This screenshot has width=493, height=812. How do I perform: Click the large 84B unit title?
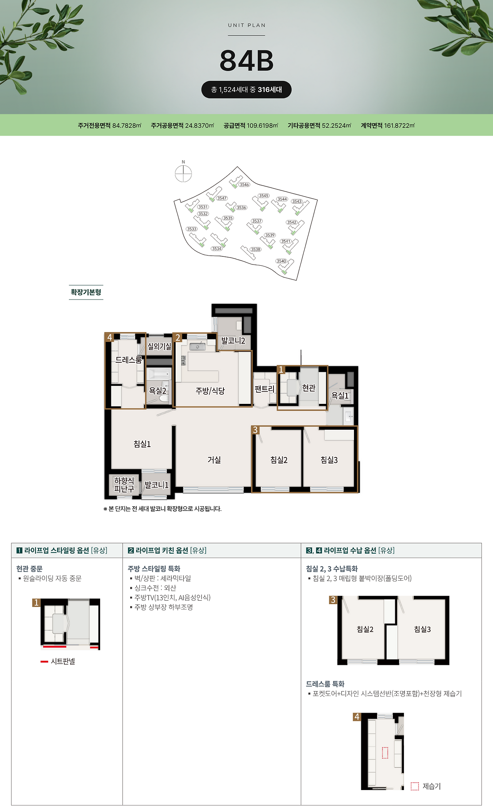point(246,60)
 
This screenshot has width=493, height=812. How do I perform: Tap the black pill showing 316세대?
point(246,90)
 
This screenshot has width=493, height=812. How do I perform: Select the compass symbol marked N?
point(183,173)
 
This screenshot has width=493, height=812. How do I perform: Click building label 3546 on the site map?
point(244,185)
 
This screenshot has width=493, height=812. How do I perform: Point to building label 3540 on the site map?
point(281,261)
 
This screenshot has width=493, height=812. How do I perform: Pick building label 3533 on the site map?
point(192,229)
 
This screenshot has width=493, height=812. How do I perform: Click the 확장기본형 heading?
point(86,292)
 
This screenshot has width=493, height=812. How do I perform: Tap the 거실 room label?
point(214,460)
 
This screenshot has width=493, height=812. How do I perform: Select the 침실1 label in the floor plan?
point(142,444)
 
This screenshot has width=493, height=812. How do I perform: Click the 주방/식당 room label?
point(210,391)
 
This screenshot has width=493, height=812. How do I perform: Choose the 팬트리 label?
point(264,389)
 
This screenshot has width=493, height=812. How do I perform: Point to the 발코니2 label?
point(233,341)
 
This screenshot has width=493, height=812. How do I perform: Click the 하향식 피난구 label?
point(124,485)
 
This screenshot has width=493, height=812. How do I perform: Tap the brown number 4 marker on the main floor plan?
point(110,337)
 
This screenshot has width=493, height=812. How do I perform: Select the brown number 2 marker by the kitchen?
point(178,338)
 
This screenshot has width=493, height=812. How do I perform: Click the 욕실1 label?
point(340,395)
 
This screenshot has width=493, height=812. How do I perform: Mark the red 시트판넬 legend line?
point(44,661)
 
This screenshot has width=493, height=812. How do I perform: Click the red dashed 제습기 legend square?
point(415,786)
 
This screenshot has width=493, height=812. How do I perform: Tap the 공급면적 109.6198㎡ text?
point(251,126)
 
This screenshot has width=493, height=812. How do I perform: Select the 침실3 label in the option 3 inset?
point(423,629)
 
